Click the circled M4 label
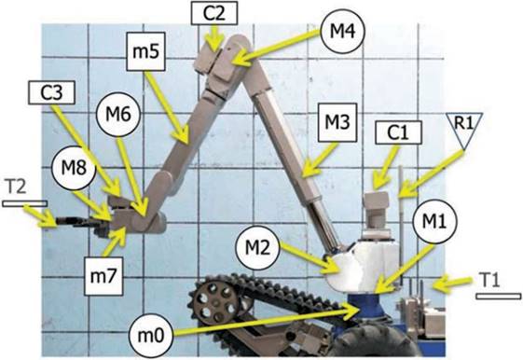coord(342,32)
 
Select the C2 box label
coord(214,13)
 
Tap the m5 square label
coord(145,51)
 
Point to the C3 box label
coord(51,92)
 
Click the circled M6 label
coord(117,115)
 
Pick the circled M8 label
coord(74,168)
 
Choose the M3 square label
coord(337,122)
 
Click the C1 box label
coord(398,132)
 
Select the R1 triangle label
coord(464,131)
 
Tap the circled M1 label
coord(434,222)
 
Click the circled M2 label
coord(257,248)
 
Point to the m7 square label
coord(103,276)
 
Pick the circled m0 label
coord(152,336)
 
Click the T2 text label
coord(17,187)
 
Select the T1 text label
coord(491,280)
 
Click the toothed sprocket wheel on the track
coord(216,302)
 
